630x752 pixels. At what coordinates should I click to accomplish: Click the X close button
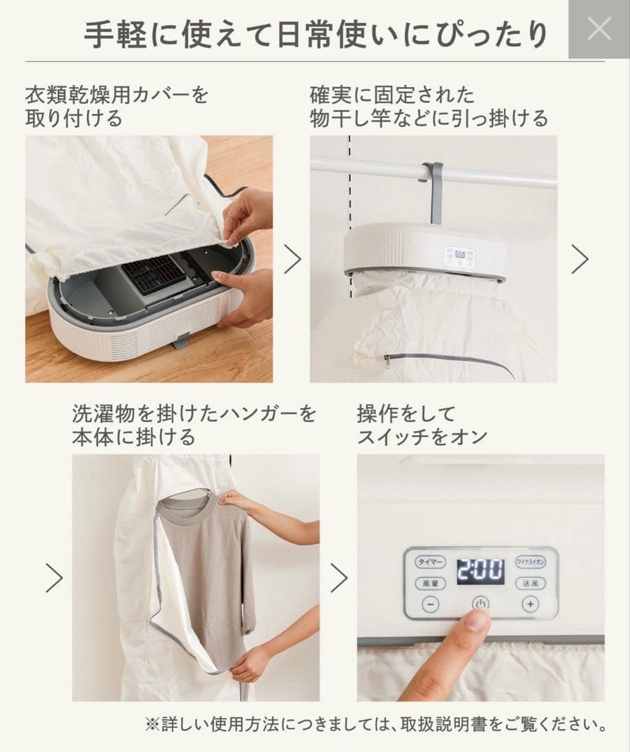(x=599, y=29)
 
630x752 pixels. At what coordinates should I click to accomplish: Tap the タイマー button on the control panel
(x=429, y=561)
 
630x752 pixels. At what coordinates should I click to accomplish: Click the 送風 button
(x=530, y=583)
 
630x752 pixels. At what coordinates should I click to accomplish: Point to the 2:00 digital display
(x=480, y=572)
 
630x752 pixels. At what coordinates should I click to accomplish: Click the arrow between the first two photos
(x=292, y=259)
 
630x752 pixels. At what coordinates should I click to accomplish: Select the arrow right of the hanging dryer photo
(x=580, y=259)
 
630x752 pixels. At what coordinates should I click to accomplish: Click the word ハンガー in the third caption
(x=241, y=414)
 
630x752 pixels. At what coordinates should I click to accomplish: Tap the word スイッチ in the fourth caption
(x=401, y=437)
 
